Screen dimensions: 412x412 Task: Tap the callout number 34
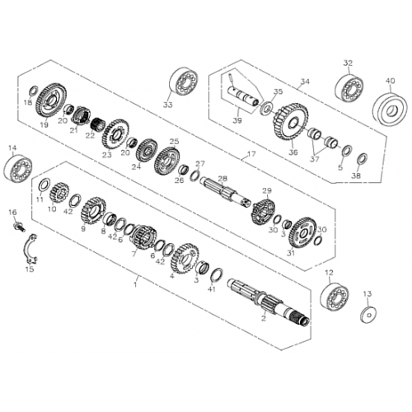pos(304,82)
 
